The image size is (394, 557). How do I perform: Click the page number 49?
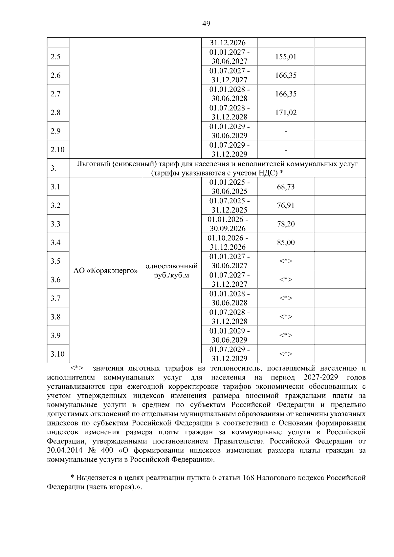pyautogui.click(x=207, y=24)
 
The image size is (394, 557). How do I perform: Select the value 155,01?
pyautogui.click(x=286, y=57)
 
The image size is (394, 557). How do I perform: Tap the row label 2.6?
pyautogui.click(x=55, y=75)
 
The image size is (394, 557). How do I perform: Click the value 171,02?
pyautogui.click(x=286, y=113)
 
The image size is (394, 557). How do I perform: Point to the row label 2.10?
pyautogui.click(x=57, y=150)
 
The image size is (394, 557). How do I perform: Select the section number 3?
pyautogui.click(x=54, y=168)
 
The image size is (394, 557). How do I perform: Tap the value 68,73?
pyautogui.click(x=286, y=187)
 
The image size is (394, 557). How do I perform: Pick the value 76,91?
pyautogui.click(x=286, y=205)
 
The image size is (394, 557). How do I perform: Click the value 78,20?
pyautogui.click(x=286, y=224)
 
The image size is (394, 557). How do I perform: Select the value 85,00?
pyautogui.click(x=286, y=243)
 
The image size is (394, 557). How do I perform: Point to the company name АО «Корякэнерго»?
pyautogui.click(x=105, y=271)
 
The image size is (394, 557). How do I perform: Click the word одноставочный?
pyautogui.click(x=171, y=266)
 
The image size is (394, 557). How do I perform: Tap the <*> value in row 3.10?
pyautogui.click(x=286, y=354)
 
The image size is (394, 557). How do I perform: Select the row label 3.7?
pyautogui.click(x=55, y=298)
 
